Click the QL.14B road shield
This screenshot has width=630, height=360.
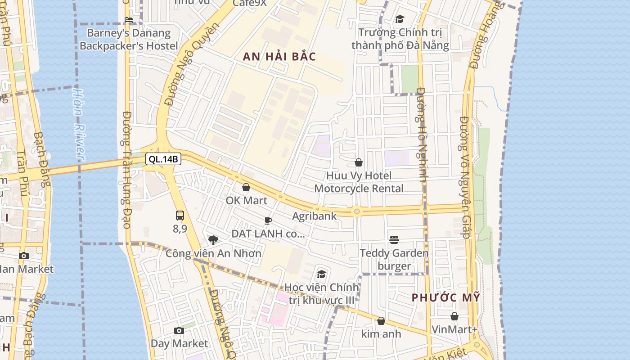point(163,159)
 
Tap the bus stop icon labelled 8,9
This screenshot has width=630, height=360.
point(180,215)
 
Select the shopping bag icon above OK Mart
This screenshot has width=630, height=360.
point(246,187)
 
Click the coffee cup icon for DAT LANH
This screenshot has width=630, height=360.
point(268,220)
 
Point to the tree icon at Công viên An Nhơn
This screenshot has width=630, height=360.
point(213,240)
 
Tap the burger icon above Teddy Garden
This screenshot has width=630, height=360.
point(394,240)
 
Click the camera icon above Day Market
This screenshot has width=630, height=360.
point(179,331)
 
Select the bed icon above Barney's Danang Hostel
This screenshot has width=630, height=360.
point(129,19)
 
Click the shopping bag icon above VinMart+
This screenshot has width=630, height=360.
point(454,316)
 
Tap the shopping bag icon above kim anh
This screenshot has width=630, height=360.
point(381,321)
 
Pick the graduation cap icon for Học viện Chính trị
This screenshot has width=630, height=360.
point(321,274)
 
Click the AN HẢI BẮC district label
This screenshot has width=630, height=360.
point(279,57)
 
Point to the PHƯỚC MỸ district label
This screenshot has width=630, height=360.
point(446,298)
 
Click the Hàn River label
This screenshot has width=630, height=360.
point(79,124)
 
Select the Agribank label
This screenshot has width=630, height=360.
point(314,216)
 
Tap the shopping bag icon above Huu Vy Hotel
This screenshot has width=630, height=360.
point(359,162)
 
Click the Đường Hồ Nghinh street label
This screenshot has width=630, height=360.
point(421,135)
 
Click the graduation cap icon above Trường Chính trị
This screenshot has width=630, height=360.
point(400,19)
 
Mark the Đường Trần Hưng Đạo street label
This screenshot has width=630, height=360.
point(126,169)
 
